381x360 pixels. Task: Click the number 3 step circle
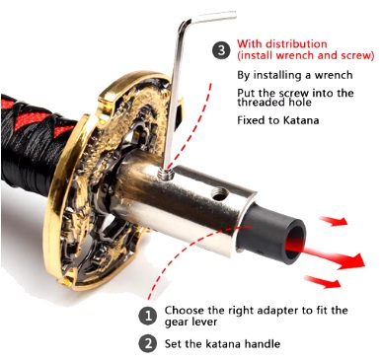[x=221, y=50]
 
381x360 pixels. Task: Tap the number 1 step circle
[x=148, y=316]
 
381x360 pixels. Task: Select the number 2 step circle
[x=148, y=343]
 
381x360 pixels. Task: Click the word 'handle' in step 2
[x=263, y=344]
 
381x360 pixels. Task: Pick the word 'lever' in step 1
[x=205, y=322]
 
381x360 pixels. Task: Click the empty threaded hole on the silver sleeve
[x=217, y=196]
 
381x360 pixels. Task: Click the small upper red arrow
[x=334, y=221]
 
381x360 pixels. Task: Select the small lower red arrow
[x=323, y=282]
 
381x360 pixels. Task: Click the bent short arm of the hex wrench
[x=209, y=18]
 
